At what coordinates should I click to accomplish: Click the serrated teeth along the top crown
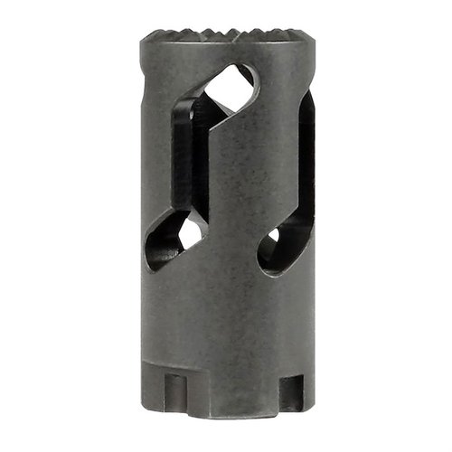(226, 35)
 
